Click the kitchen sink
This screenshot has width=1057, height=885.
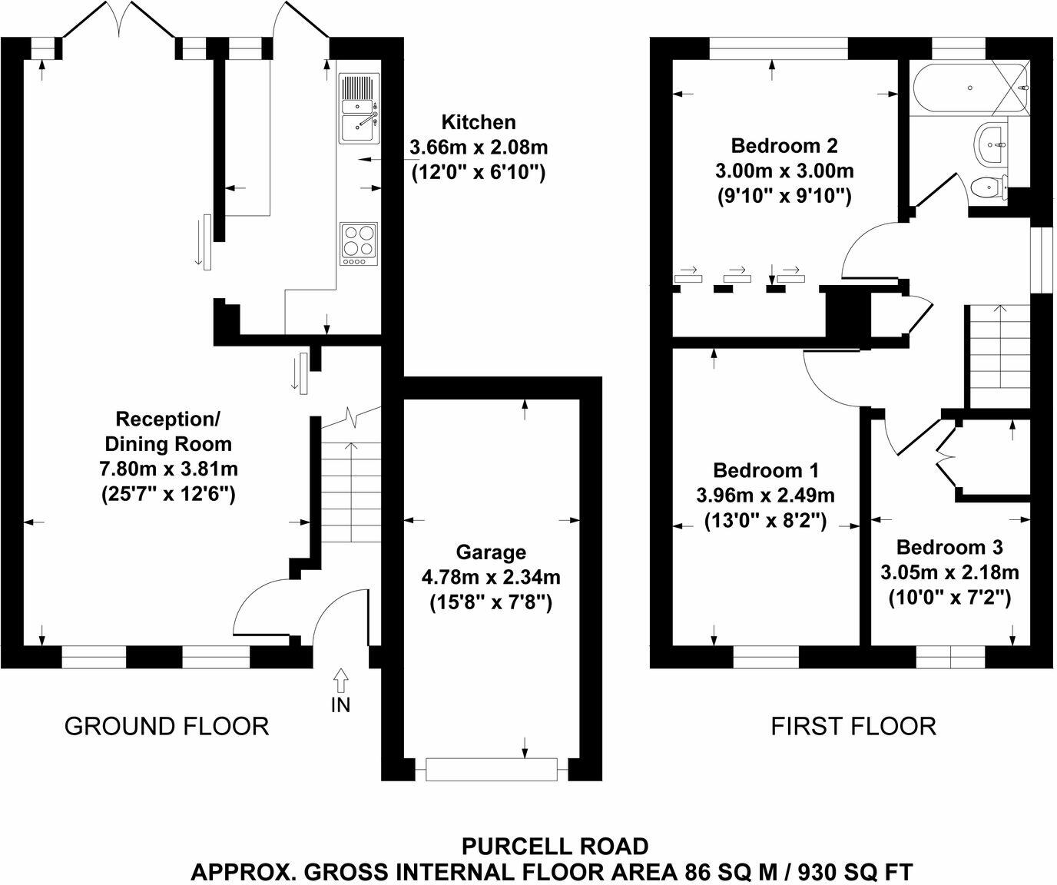359,109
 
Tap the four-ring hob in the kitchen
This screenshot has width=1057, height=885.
359,244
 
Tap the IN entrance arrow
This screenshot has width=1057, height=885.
340,681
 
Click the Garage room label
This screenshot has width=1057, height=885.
491,552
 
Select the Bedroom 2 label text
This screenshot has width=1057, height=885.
784,145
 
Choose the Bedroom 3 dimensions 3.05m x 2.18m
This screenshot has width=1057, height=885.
949,572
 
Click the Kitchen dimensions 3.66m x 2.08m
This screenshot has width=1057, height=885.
479,147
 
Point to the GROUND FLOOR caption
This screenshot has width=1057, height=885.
167,726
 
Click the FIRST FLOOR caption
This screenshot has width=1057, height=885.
853,726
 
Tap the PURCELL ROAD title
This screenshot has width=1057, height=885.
555,847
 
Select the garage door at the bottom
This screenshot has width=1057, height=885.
491,769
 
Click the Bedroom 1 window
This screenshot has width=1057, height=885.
766,658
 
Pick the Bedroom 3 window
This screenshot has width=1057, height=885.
950,658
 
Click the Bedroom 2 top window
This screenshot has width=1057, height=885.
778,48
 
